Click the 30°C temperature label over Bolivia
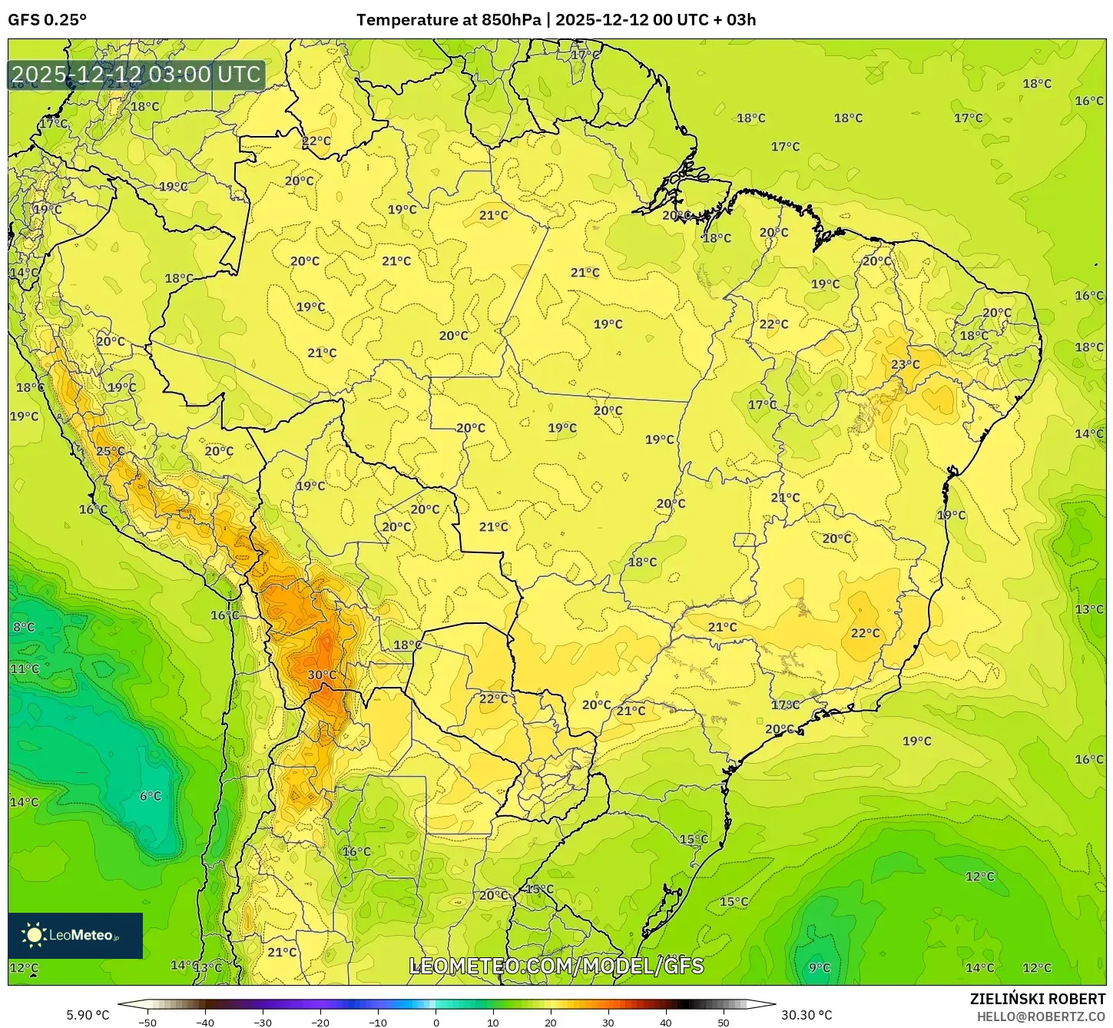point(322,675)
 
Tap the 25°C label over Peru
point(110,451)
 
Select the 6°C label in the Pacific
point(151,796)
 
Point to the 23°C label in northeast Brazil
point(905,364)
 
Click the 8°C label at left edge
point(24,627)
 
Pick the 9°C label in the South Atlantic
point(820,967)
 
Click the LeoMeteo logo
point(75,935)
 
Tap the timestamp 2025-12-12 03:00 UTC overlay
point(137,75)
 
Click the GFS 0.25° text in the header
point(48,20)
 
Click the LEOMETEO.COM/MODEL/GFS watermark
point(556,966)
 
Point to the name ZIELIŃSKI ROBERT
point(1037,1000)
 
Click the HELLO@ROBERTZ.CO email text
point(1041,1016)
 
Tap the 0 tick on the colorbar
point(436,1023)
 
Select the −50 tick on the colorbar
point(147,1023)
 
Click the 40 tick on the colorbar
point(666,1023)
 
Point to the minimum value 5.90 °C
point(88,1015)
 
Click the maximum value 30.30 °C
point(807,1015)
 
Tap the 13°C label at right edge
point(1088,609)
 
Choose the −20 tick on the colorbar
point(320,1023)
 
